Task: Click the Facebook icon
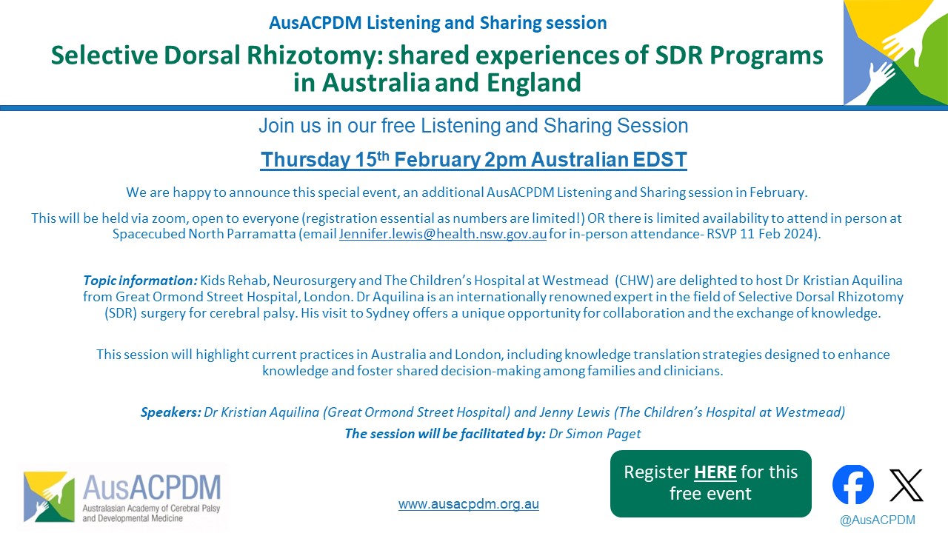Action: (852, 484)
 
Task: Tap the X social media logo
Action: (906, 485)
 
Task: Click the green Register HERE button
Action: (710, 483)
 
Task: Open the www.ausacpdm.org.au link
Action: (469, 504)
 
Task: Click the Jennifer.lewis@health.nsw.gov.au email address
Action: (443, 233)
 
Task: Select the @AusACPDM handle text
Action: (878, 520)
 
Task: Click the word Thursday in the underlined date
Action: (304, 160)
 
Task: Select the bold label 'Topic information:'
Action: (140, 281)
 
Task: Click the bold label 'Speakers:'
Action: (171, 412)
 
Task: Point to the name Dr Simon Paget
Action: (595, 434)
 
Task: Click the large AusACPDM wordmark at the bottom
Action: (152, 488)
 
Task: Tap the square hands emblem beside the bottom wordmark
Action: (49, 497)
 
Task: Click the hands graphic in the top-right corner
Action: (895, 53)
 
